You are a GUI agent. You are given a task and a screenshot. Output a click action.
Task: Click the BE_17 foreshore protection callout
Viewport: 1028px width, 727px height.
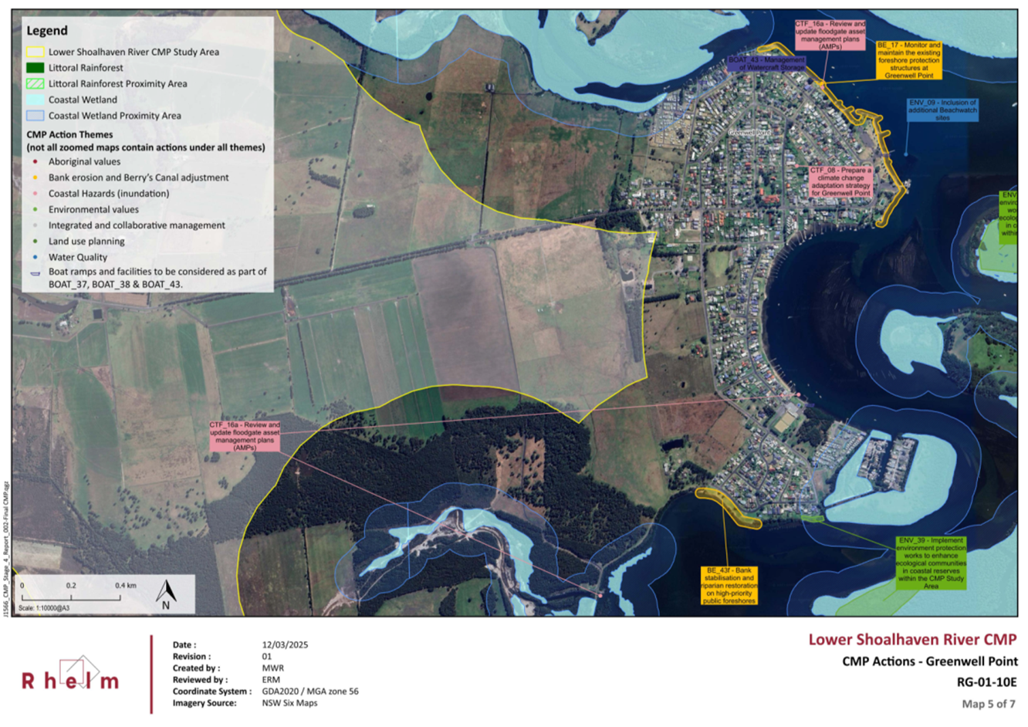(908, 60)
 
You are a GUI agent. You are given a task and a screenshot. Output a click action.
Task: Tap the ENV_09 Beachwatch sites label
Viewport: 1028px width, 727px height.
(942, 110)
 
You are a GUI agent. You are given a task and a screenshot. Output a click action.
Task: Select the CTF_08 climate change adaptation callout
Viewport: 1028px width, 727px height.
(840, 181)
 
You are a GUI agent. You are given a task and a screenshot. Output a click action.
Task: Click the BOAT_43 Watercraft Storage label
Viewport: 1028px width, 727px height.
(766, 63)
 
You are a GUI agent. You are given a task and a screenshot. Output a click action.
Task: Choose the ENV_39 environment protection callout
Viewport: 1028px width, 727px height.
(931, 563)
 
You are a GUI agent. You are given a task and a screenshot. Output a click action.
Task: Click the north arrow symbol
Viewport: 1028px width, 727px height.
(166, 594)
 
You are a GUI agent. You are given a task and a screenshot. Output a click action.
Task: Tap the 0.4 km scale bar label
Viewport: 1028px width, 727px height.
(126, 586)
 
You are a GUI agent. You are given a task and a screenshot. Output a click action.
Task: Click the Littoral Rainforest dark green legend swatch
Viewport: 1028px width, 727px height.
(35, 68)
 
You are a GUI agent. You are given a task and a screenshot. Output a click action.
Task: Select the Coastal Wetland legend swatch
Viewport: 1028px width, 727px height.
(35, 100)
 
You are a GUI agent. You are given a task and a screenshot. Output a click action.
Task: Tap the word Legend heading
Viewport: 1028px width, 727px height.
(47, 31)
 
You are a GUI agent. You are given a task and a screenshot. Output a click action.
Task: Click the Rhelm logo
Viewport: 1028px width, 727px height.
(70, 675)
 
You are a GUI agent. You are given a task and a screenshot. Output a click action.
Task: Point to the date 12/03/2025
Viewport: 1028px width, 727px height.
(285, 644)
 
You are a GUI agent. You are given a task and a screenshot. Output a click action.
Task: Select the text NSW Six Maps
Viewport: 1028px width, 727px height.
(289, 703)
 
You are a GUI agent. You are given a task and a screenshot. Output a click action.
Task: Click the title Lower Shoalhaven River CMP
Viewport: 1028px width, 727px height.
(912, 639)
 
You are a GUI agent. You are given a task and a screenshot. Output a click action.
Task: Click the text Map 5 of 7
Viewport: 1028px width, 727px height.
(989, 704)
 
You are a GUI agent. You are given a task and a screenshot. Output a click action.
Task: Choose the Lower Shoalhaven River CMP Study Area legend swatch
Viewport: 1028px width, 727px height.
(35, 52)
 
